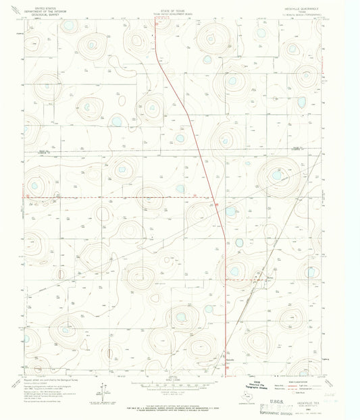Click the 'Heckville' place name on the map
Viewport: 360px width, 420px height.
point(230,360)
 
